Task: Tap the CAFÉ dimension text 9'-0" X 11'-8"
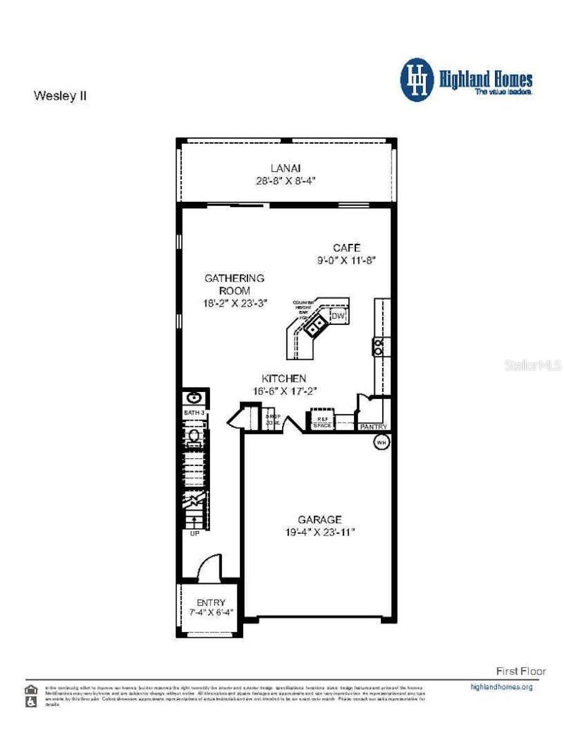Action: [347, 259]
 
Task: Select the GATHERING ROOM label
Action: [234, 284]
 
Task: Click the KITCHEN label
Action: [284, 378]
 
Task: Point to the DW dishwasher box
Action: [338, 316]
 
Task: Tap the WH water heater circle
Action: [381, 443]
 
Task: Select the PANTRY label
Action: [374, 427]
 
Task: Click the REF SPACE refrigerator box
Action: [321, 421]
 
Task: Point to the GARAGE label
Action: [320, 519]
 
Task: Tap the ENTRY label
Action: [211, 603]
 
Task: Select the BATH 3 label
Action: [194, 413]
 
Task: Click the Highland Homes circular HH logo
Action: [417, 80]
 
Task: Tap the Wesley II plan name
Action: [60, 97]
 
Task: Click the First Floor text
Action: [521, 671]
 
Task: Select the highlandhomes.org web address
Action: [501, 687]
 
